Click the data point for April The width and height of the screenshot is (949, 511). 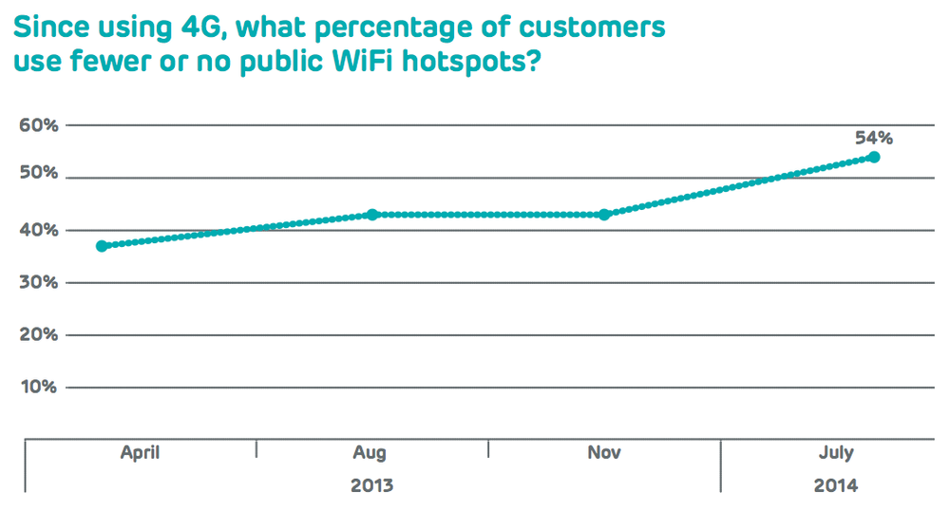click(102, 246)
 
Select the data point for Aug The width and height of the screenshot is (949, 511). click(372, 215)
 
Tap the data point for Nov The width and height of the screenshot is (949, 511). click(604, 215)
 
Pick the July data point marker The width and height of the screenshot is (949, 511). click(874, 157)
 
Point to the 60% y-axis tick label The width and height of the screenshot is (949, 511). click(36, 125)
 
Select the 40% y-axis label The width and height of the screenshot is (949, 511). click(36, 230)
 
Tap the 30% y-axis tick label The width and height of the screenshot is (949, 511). click(36, 282)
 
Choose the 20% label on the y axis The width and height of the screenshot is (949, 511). click(36, 334)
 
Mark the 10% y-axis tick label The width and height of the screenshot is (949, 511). click(36, 387)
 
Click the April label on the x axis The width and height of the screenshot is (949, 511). click(141, 453)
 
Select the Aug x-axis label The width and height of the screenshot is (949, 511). click(371, 453)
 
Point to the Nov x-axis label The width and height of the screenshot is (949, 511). click(604, 453)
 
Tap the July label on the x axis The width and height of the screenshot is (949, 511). click(835, 453)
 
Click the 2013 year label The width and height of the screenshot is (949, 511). click(371, 486)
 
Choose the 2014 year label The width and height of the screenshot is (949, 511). click(835, 486)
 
